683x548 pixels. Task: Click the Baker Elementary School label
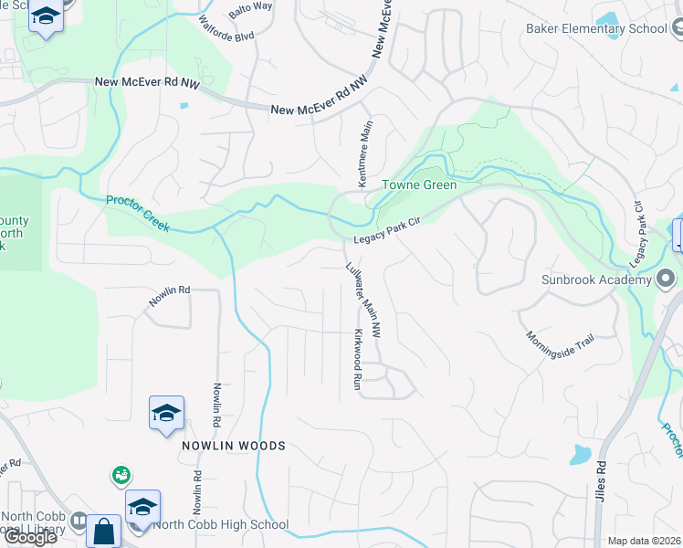point(596,28)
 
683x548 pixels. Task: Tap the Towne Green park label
point(418,184)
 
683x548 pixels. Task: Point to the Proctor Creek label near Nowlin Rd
point(137,213)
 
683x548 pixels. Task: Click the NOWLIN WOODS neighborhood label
point(233,446)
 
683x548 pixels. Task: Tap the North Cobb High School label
point(222,525)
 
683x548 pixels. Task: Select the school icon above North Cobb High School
point(143,507)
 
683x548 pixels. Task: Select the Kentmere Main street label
point(367,153)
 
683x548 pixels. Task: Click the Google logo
point(29,537)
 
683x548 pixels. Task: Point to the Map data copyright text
point(644,541)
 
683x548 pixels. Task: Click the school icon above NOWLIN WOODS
point(167,414)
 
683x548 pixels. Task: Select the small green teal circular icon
point(121,475)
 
